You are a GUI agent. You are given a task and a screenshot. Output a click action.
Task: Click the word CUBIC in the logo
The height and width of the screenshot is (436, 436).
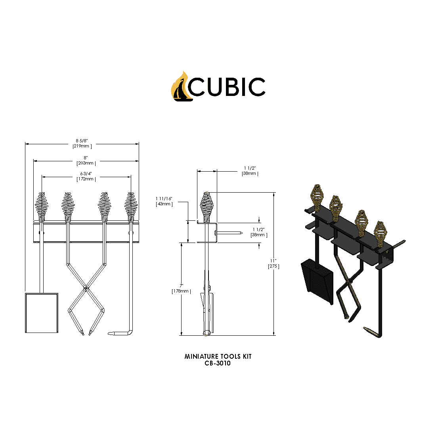point(227,87)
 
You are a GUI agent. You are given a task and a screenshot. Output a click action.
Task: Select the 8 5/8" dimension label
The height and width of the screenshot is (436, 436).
point(82,141)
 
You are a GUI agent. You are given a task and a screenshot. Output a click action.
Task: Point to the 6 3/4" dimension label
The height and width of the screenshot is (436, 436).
point(86,174)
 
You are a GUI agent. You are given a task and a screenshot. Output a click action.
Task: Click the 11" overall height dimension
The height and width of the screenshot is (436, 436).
point(273,260)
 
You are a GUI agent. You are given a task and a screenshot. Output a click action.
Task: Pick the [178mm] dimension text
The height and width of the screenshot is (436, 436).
point(181,291)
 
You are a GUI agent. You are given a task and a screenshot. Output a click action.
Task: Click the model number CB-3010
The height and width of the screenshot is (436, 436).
point(218,363)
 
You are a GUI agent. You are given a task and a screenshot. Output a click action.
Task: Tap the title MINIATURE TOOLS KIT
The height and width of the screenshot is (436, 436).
point(218,356)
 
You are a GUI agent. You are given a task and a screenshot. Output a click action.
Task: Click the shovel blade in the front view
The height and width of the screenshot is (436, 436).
point(42,313)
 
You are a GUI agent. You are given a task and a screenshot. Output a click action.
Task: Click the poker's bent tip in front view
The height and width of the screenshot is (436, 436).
point(119,334)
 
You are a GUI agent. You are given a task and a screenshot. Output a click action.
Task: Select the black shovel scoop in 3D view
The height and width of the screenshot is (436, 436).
point(317,281)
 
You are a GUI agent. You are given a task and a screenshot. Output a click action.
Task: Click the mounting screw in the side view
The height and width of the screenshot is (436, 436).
point(230,233)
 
